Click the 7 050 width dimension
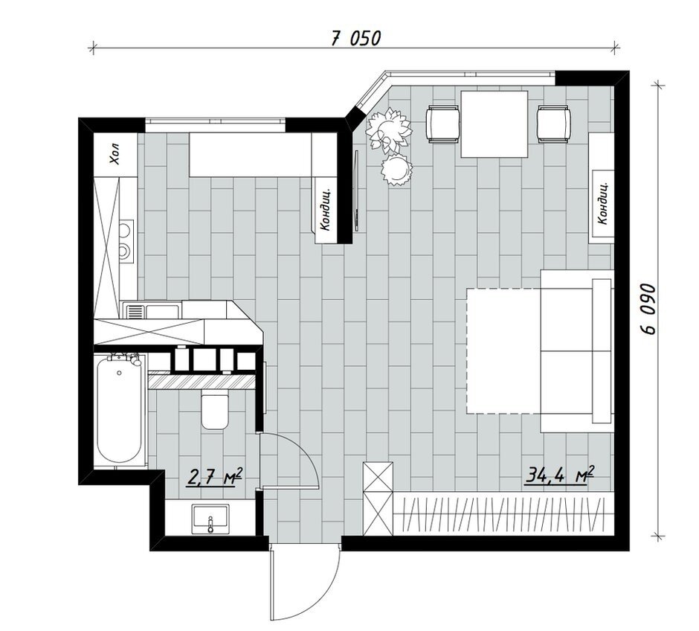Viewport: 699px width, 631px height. point(355,39)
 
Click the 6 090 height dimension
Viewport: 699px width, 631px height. point(648,309)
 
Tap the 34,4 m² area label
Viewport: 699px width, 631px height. point(561,475)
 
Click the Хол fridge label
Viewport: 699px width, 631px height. point(115,154)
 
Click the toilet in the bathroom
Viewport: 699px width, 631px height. point(215,409)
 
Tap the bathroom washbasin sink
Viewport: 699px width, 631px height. point(210,518)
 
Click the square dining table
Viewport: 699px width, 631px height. point(494,124)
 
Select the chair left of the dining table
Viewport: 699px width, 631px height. point(443,124)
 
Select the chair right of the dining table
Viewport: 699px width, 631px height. point(554,124)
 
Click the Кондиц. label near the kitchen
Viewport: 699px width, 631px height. point(326,208)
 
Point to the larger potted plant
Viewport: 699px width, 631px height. point(387,129)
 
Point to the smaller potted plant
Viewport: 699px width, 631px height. point(396,169)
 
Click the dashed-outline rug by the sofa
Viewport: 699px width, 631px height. point(503,351)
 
